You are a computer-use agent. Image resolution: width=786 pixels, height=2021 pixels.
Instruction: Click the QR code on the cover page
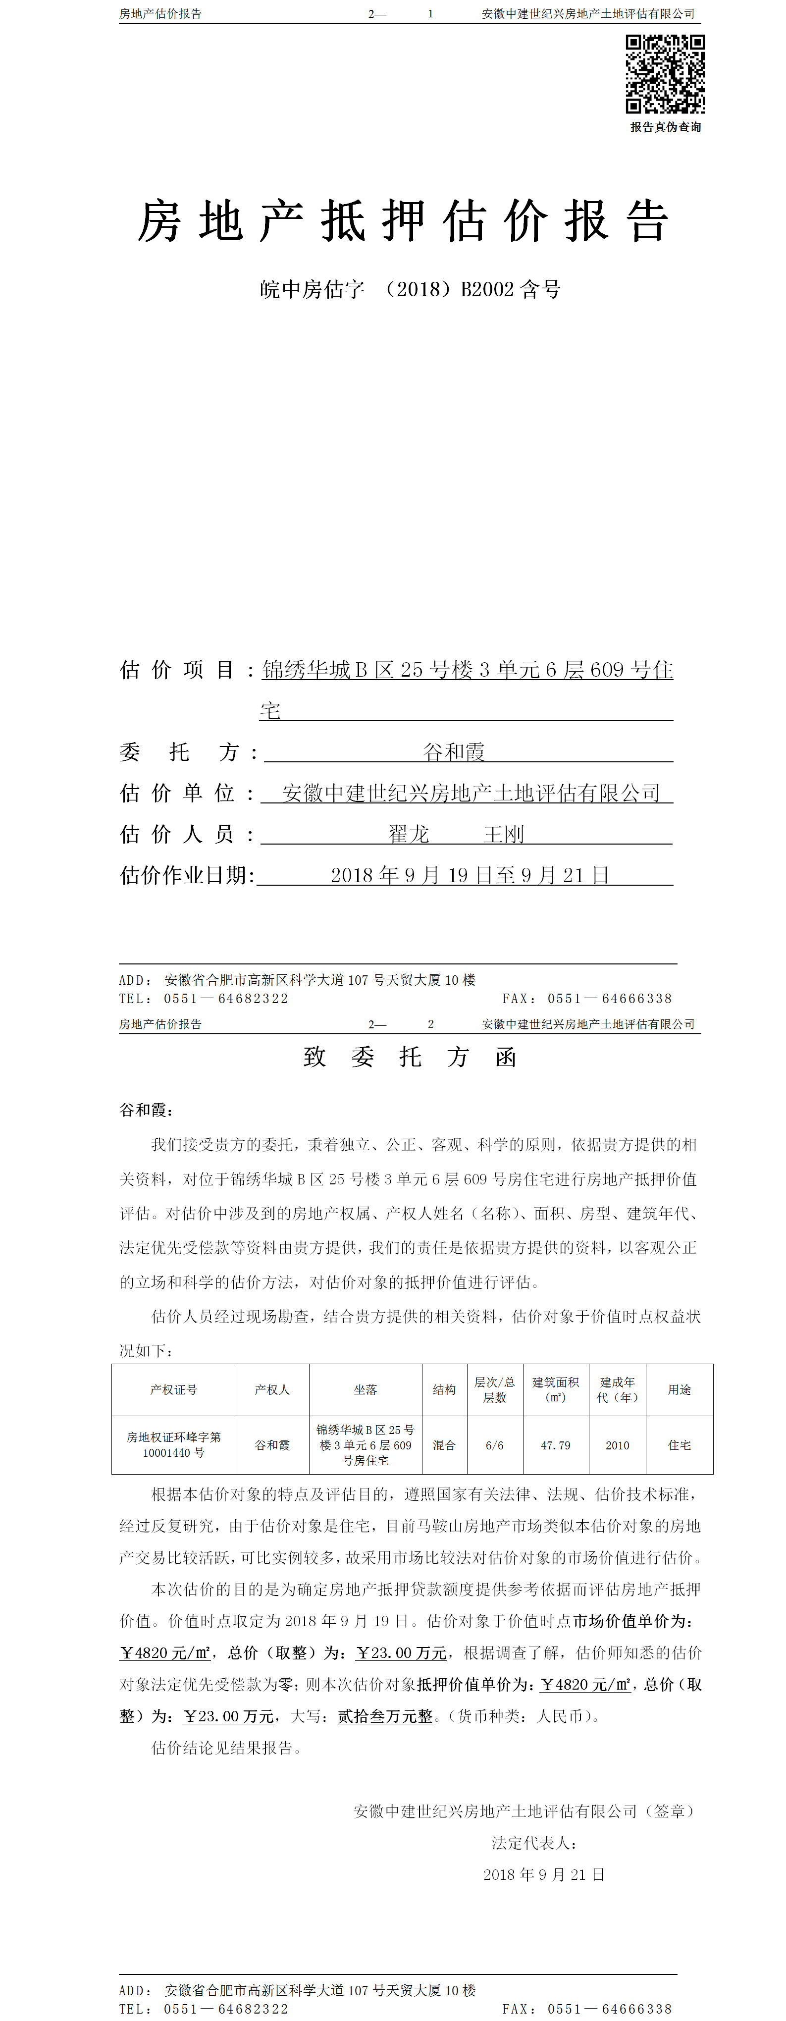coord(665,74)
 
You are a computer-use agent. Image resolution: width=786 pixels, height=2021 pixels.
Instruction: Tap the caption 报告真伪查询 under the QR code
coord(665,127)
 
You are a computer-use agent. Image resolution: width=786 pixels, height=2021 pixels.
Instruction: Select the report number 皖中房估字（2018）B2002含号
coord(410,289)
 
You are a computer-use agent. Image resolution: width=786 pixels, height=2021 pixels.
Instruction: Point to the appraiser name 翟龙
coord(409,834)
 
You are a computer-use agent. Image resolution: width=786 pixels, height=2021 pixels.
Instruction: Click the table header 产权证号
coord(173,1389)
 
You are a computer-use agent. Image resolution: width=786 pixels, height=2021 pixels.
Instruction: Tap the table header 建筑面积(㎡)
coord(555,1389)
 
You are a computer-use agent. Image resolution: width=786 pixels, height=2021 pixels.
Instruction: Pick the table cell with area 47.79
coord(555,1445)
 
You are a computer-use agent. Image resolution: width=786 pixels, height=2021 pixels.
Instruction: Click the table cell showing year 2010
coord(617,1445)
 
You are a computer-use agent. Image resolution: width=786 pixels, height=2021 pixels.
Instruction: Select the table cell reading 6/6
coord(494,1445)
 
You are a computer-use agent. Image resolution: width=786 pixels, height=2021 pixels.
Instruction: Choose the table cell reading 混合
coord(444,1445)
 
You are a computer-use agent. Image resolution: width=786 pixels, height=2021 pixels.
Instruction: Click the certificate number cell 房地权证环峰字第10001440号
coord(173,1445)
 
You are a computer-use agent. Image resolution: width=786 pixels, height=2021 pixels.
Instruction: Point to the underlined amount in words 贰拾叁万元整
coord(385,1716)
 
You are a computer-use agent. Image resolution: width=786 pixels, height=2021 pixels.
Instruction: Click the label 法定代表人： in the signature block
coord(535,1843)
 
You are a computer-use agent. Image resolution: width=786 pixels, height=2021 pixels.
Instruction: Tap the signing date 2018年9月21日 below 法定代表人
coord(544,1874)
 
